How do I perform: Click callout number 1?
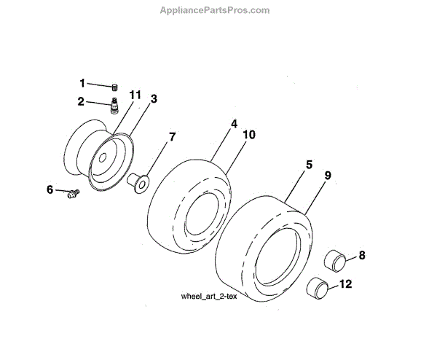(x=83, y=82)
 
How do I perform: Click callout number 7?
(x=172, y=136)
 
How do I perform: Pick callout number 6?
(x=50, y=189)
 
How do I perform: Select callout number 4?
(x=234, y=125)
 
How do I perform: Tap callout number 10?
(x=250, y=135)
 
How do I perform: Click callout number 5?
(x=309, y=165)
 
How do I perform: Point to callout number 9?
(x=328, y=175)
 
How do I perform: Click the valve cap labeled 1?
(x=116, y=86)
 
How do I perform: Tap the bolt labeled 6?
(x=72, y=194)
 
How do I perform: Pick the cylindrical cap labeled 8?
(x=336, y=259)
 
